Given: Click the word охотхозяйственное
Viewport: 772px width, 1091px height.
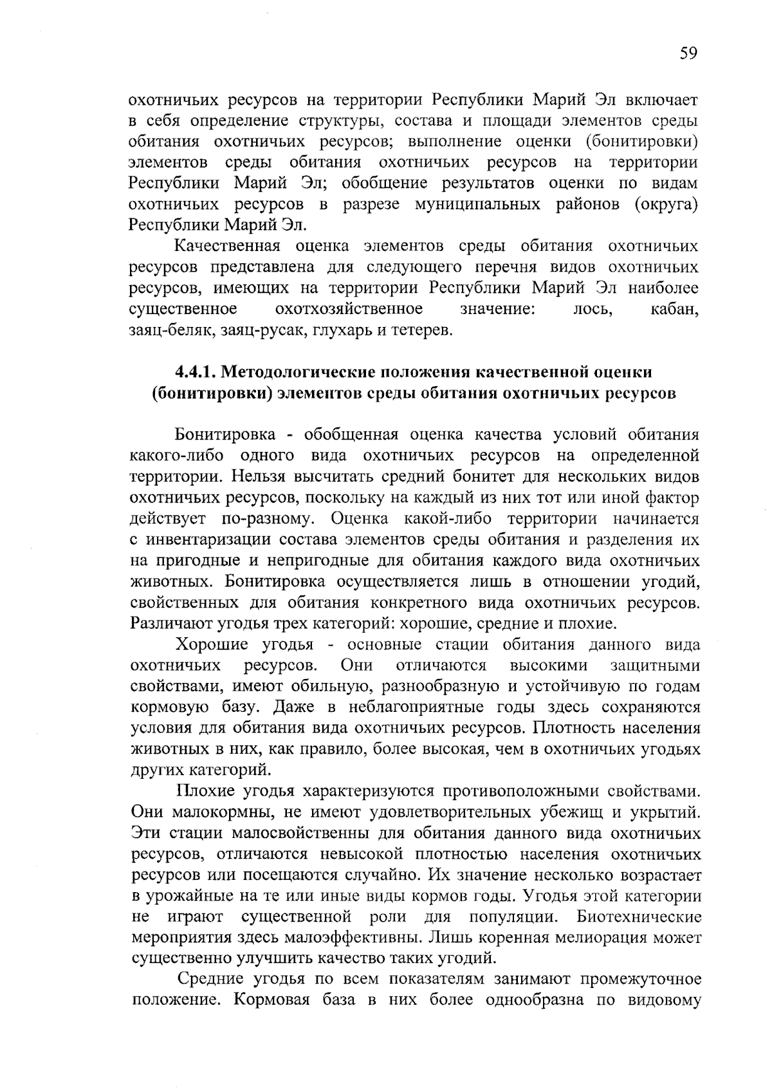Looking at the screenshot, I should [x=349, y=309].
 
